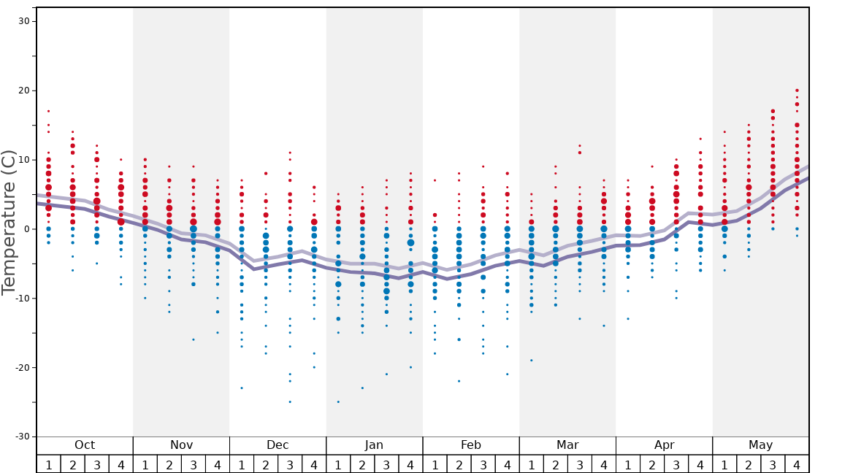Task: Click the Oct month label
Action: pyautogui.click(x=85, y=445)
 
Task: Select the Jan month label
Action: pyautogui.click(x=374, y=445)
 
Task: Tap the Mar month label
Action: pyautogui.click(x=567, y=445)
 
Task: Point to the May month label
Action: pyautogui.click(x=760, y=445)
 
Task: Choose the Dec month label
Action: pyautogui.click(x=278, y=445)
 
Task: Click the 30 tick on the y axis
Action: pyautogui.click(x=23, y=21)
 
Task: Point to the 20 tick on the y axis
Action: pyautogui.click(x=23, y=91)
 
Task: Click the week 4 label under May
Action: pyautogui.click(x=797, y=464)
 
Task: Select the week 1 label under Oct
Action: pyautogui.click(x=48, y=464)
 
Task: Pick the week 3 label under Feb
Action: pyautogui.click(x=483, y=464)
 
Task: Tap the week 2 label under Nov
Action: pyautogui.click(x=169, y=464)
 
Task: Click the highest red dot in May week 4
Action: pyautogui.click(x=797, y=91)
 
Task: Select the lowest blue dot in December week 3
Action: pyautogui.click(x=290, y=401)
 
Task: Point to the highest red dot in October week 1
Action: pyautogui.click(x=48, y=112)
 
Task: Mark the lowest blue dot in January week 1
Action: pyautogui.click(x=338, y=401)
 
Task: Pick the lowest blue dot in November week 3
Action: pyautogui.click(x=194, y=339)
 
